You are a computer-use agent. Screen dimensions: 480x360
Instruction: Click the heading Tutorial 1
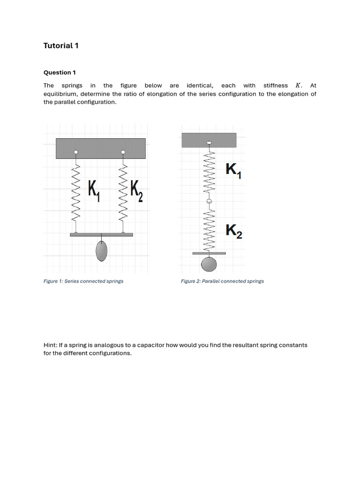pos(61,45)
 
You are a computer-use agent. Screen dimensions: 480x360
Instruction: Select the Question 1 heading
pos(60,73)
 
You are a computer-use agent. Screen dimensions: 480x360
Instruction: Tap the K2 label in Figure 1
pos(136,190)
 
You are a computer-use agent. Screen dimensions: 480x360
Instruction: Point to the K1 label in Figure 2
pos(233,170)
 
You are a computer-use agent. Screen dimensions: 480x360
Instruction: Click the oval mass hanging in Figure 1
pos(101,251)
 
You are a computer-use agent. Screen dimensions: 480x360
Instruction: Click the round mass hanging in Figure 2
pos(209,264)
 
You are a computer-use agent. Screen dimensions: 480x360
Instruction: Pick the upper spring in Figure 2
pos(209,173)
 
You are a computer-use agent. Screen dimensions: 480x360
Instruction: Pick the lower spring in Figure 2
pos(209,228)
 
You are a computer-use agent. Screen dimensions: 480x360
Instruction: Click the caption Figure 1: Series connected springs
pos(83,281)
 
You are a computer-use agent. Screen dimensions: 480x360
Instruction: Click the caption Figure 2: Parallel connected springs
pos(222,281)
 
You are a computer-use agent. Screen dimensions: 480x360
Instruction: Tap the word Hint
pos(50,345)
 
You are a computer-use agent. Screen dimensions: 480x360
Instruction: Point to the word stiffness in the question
pos(276,86)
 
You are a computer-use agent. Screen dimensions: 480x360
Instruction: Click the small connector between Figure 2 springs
pos(209,201)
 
